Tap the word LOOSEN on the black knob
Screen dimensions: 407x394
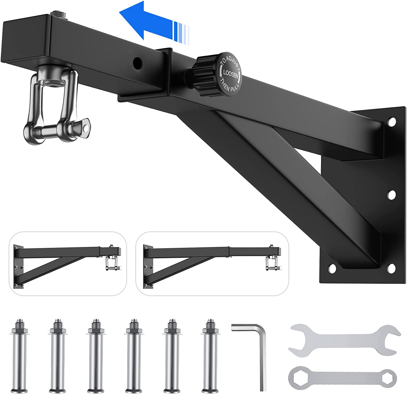pos(230,73)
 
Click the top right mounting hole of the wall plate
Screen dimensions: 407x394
pos(392,121)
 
